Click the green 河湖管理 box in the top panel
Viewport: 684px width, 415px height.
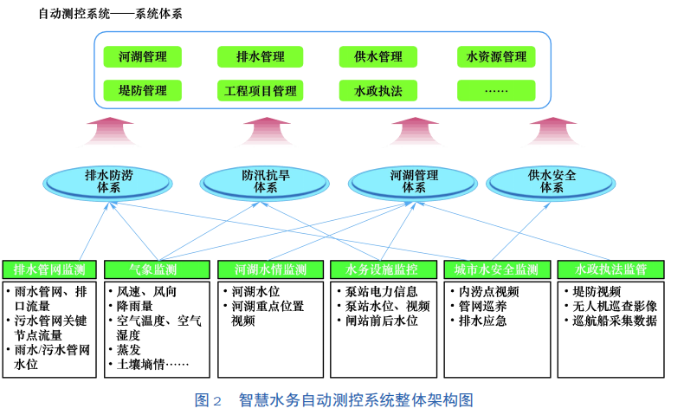(x=142, y=56)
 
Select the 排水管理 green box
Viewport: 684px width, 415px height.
(x=260, y=56)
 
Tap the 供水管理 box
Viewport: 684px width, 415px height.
(x=377, y=56)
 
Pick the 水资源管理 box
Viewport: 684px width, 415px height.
(x=496, y=56)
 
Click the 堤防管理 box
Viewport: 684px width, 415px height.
(x=142, y=91)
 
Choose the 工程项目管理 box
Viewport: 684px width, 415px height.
(x=260, y=91)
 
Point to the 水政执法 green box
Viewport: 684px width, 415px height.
(x=377, y=91)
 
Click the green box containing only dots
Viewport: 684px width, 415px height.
(x=496, y=91)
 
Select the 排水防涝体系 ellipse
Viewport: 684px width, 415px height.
(x=107, y=183)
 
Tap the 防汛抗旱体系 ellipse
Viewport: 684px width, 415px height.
(x=265, y=183)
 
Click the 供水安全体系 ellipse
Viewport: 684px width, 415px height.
(x=551, y=183)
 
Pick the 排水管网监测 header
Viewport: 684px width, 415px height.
(x=49, y=269)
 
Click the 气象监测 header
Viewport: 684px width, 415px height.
(x=157, y=269)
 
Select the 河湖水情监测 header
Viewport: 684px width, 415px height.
(x=270, y=269)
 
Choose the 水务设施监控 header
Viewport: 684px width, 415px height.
(x=384, y=269)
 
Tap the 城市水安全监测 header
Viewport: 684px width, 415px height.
(x=497, y=269)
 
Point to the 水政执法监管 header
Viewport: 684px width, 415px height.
(x=610, y=269)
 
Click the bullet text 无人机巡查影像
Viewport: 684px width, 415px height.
(x=615, y=307)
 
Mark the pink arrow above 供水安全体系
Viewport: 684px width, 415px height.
(x=553, y=131)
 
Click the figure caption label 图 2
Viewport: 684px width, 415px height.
(x=208, y=399)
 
